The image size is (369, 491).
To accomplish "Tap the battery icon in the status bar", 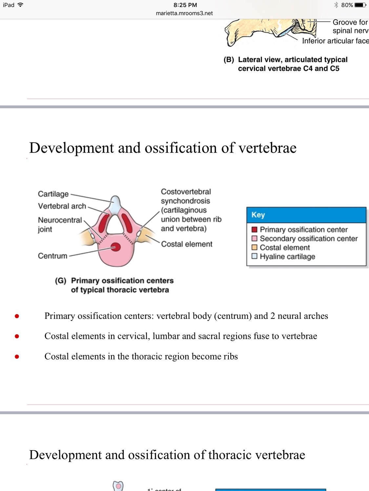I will (x=360, y=5).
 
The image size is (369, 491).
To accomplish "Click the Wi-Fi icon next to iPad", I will (x=20, y=5).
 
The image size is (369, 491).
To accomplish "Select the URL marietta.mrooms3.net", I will (x=184, y=13).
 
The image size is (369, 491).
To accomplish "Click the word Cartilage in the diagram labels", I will (x=53, y=194).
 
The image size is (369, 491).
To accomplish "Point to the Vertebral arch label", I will (x=62, y=206).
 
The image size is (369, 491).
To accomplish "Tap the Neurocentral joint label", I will (x=60, y=224).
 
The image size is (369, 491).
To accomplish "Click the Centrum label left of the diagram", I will (x=52, y=256).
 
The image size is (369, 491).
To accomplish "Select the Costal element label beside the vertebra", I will (x=187, y=244).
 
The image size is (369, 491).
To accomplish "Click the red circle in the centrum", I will (x=115, y=247).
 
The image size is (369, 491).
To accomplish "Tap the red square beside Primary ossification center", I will (x=255, y=229).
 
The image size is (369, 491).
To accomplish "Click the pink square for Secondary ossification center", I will (x=255, y=238).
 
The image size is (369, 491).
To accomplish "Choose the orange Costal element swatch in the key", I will (x=255, y=247).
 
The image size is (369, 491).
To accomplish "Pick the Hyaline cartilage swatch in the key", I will (x=255, y=256).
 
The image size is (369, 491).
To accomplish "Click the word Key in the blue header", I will (x=258, y=215).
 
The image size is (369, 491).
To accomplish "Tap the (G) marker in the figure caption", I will (x=61, y=281).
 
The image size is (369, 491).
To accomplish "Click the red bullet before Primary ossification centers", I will (x=17, y=316).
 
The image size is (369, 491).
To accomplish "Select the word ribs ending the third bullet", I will (x=231, y=356).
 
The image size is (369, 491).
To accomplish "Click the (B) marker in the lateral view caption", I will (x=229, y=60).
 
